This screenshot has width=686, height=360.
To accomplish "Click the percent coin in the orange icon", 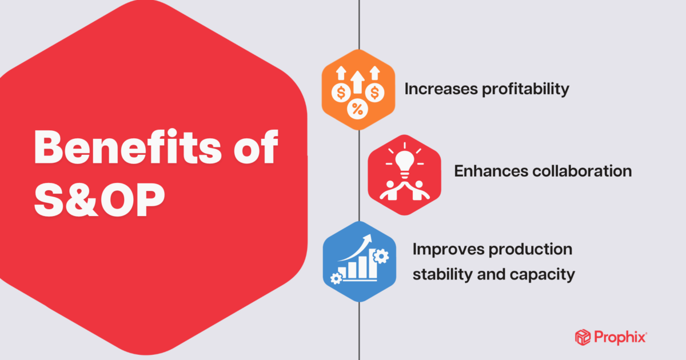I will (x=357, y=109).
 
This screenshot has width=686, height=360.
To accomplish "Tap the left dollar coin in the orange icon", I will (x=342, y=91).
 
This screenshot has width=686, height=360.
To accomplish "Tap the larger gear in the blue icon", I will (x=381, y=257).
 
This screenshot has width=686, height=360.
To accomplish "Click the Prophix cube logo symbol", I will (x=582, y=337).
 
